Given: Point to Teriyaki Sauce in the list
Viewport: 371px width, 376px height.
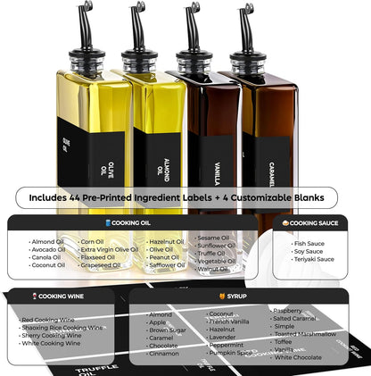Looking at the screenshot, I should [x=313, y=259].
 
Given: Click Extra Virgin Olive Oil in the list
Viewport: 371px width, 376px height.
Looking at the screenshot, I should [x=110, y=249].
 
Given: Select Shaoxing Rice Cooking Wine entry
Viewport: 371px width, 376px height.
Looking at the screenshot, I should [x=62, y=327].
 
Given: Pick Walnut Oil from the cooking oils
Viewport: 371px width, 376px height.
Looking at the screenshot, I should [x=212, y=268].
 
